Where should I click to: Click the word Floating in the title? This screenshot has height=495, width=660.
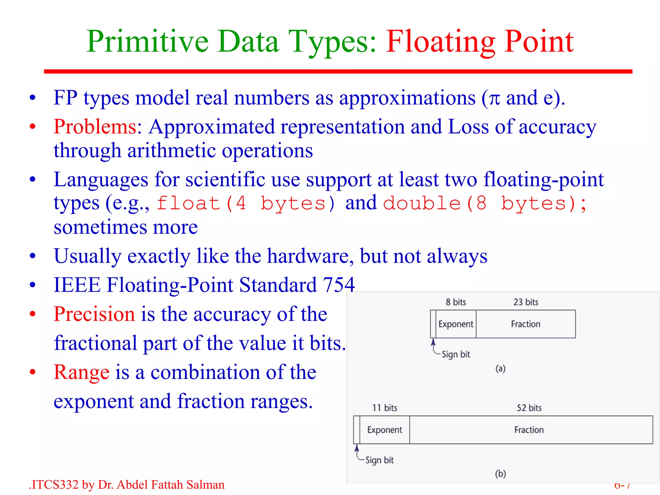coord(440,42)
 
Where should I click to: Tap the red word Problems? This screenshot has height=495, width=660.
coord(95,127)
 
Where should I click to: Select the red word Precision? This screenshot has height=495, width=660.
coord(94,314)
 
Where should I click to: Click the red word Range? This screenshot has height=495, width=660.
coord(81,372)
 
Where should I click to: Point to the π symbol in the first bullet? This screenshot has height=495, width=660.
coord(494,99)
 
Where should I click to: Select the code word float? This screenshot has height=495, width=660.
coord(188,203)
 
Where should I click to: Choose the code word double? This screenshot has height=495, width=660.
coord(422,203)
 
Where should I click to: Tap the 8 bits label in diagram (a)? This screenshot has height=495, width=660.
coord(456,302)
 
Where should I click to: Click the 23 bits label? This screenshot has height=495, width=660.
coord(526,302)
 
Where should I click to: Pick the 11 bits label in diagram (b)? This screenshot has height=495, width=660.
coord(384,408)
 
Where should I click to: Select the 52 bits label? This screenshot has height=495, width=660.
coord(529,408)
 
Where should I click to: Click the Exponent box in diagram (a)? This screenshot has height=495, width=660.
coord(456,324)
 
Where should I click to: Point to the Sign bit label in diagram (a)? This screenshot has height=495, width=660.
coord(456,354)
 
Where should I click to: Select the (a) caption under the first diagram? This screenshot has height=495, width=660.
coord(500,368)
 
